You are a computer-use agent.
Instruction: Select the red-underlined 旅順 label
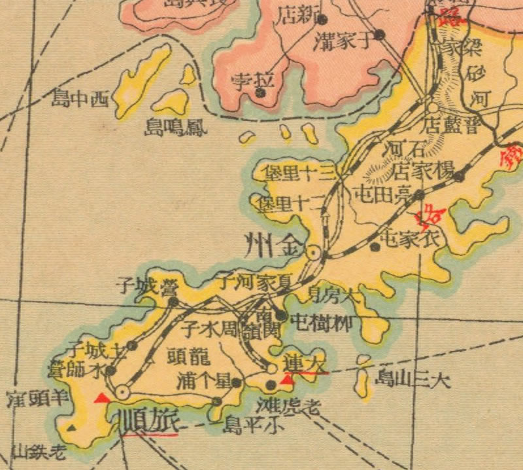(149, 419)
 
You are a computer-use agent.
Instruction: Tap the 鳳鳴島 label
(176, 126)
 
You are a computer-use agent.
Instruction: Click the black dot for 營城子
(173, 302)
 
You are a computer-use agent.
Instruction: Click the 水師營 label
(75, 369)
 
